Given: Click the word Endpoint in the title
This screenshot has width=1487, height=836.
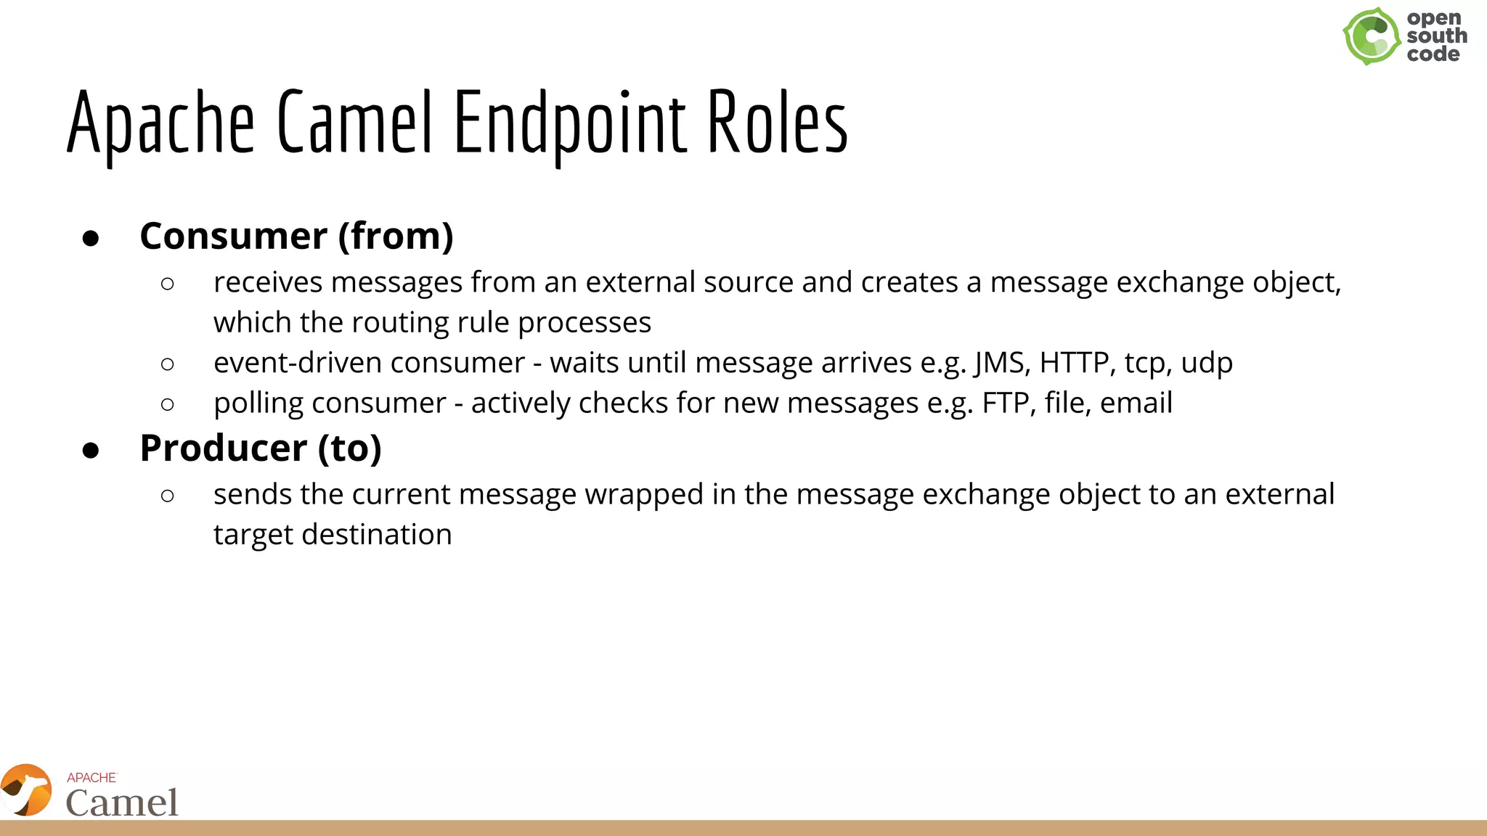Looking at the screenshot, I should pos(570,123).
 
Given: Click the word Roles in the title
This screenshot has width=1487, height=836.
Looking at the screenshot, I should pos(777,123).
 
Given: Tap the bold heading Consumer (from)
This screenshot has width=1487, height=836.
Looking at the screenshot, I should pos(296,237).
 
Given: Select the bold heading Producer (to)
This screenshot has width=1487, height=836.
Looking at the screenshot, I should pos(260,448).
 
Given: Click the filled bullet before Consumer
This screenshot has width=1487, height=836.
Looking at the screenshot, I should pos(91,239).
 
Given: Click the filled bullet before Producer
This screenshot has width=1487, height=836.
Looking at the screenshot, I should pos(91,451).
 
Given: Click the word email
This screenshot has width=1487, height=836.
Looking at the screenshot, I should pos(1136,403).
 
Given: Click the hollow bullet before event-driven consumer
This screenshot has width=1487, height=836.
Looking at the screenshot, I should pos(168,364).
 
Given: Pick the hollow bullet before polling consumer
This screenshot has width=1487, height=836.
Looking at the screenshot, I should pos(168,404).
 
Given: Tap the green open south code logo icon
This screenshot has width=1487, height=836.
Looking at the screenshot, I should pos(1371,36).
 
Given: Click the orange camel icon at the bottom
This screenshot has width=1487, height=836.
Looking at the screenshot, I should pos(27,790).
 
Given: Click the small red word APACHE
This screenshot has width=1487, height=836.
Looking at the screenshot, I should pos(91,778).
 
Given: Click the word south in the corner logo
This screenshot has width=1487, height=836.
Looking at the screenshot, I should pos(1436,36).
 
